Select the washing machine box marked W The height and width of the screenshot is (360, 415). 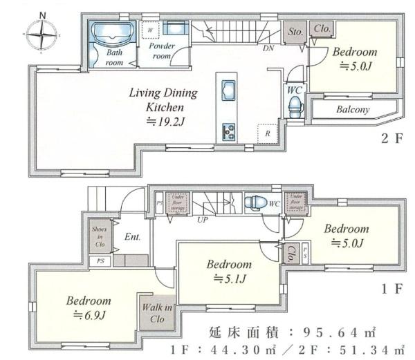pos(150,29)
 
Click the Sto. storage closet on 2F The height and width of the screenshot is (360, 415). pos(295,30)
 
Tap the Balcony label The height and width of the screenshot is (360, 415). pos(353,110)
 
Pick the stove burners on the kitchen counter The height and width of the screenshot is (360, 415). pos(228,130)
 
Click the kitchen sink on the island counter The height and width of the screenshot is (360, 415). pos(228,90)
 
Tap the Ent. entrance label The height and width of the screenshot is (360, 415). pos(133,236)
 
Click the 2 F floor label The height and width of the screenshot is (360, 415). pos(390,138)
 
